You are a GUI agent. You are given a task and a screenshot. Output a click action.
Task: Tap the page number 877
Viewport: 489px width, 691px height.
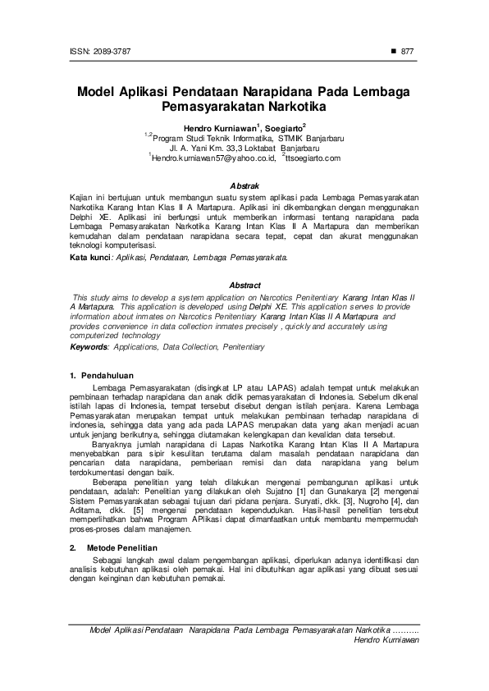[408, 52]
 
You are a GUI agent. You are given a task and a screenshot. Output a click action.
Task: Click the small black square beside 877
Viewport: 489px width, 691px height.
[394, 52]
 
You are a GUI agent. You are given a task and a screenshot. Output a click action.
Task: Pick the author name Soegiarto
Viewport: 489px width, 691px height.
[283, 128]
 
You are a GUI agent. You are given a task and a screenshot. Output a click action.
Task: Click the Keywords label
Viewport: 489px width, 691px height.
[89, 347]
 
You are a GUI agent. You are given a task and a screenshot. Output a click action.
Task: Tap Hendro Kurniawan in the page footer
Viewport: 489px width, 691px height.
[386, 638]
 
